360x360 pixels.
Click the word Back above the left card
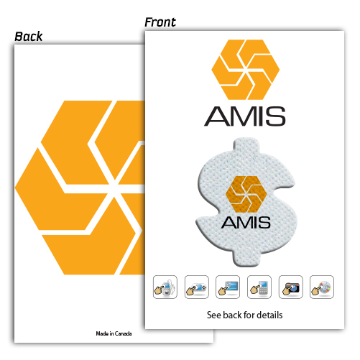coord(29,37)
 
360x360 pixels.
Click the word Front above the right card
coord(160,22)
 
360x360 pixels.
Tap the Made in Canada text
coord(114,333)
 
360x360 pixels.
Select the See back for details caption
coord(244,315)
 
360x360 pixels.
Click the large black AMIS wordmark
coord(245,116)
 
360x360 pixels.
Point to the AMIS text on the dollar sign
coord(246,222)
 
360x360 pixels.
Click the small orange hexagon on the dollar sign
coord(246,194)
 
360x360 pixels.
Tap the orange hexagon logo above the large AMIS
coord(245,70)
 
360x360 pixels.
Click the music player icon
coord(165,287)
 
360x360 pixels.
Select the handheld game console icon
coord(196,287)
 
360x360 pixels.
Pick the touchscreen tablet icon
coord(228,287)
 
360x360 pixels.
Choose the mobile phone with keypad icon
coord(259,287)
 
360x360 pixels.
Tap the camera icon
coord(290,287)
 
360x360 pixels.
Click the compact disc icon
coord(322,287)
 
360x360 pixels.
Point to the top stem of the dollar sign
coord(246,145)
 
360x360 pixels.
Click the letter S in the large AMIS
coord(275,116)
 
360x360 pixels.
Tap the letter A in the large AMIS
coord(217,116)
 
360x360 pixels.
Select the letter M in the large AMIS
coord(244,116)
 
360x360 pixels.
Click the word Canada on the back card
coord(124,333)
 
